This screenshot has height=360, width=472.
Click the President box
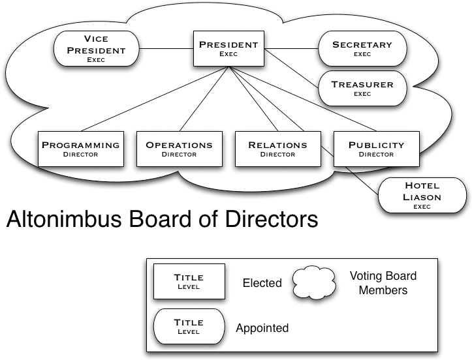click(x=228, y=48)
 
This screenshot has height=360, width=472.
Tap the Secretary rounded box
click(x=362, y=49)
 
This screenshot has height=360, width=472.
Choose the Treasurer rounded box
click(x=362, y=88)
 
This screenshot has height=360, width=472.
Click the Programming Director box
click(x=81, y=149)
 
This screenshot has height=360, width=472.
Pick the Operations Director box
click(x=179, y=149)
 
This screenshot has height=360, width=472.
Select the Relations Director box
click(x=277, y=149)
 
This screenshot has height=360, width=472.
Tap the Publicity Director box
click(x=376, y=149)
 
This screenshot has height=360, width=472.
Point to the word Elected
click(x=262, y=283)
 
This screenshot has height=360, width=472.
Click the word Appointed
click(x=262, y=328)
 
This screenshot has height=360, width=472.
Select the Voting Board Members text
click(x=383, y=282)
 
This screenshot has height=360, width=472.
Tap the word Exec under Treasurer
click(x=362, y=94)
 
